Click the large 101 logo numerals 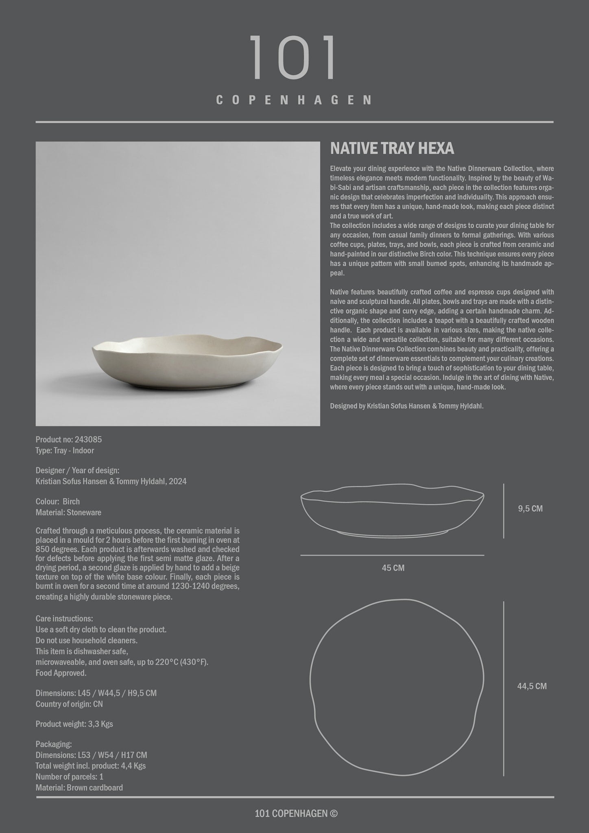294,57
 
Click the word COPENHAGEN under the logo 294,100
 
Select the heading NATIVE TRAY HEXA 392,149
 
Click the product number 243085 88,439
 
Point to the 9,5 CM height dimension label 530,509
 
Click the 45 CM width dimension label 393,568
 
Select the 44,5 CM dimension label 532,686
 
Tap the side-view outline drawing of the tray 392,512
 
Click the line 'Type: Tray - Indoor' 65,450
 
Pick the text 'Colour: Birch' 58,502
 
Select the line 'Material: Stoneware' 68,512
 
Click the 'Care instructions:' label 64,619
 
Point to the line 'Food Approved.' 61,673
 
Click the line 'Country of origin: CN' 69,704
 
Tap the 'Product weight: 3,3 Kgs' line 74,724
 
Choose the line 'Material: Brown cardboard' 79,788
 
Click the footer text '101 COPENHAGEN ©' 296,813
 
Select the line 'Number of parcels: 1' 69,777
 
